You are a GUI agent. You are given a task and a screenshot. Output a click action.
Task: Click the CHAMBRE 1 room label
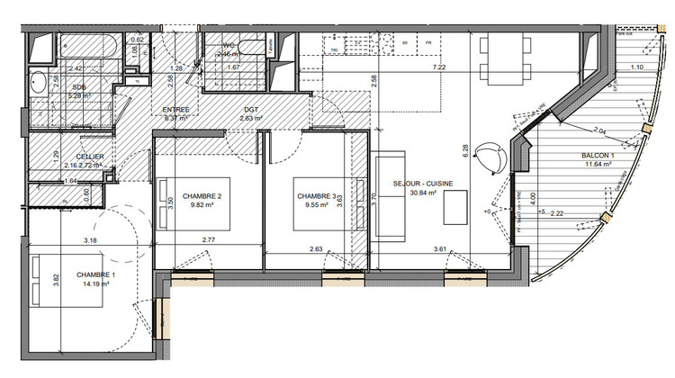[94, 274]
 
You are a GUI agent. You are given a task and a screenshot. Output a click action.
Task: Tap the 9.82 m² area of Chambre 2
[202, 204]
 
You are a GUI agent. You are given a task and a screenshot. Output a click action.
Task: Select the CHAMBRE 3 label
[315, 195]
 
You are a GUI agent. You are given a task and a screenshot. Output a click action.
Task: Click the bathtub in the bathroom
[83, 45]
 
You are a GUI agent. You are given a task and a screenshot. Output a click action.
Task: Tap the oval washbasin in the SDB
[39, 86]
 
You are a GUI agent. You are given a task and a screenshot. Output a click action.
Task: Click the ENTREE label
[175, 109]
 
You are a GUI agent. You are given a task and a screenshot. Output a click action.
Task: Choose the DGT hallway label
[249, 109]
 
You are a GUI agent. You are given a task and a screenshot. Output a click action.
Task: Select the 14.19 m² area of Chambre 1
[94, 284]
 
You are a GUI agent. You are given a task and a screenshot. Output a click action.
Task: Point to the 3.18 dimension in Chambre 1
[90, 240]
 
